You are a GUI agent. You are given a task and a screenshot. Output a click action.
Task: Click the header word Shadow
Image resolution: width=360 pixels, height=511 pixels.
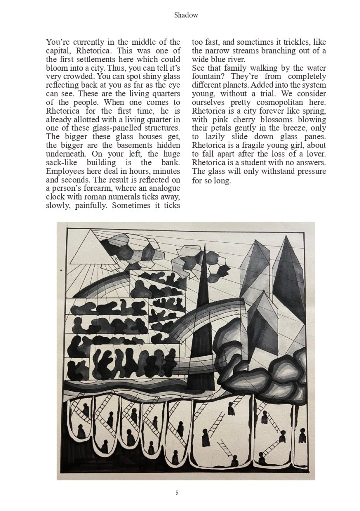point(186,15)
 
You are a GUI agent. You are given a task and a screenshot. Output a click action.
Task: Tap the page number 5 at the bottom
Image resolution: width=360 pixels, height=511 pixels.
point(177,493)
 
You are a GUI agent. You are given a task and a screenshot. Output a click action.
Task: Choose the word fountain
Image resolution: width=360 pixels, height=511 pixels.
point(210,77)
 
